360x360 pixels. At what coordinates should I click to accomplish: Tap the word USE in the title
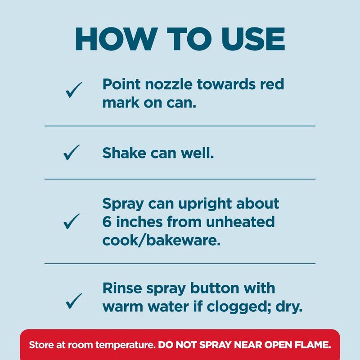253,39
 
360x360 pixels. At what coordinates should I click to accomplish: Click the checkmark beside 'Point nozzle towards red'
74,90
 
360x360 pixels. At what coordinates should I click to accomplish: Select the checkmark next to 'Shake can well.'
72,153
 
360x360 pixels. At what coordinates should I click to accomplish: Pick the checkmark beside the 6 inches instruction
72,221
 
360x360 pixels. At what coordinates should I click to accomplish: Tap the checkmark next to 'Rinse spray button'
74,301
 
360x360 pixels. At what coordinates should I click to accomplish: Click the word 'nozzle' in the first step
169,84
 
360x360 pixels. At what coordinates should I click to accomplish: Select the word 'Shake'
124,153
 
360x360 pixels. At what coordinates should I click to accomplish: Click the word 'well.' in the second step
197,153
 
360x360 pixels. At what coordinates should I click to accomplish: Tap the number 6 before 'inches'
107,222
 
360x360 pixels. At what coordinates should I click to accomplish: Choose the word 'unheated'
240,222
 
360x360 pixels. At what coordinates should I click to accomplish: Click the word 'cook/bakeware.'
162,240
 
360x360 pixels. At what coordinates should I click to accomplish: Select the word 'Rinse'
122,288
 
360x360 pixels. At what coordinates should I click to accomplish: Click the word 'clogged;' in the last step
239,307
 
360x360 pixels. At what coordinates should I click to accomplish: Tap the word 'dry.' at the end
289,307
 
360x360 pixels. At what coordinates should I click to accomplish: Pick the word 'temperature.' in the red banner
126,345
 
